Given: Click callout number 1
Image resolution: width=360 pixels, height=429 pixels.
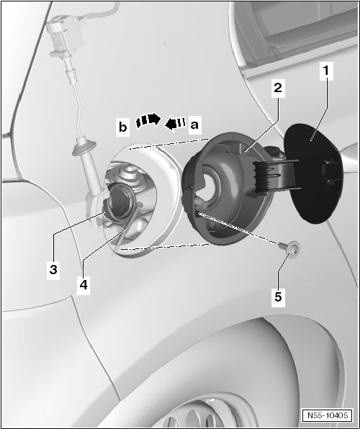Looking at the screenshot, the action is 326,71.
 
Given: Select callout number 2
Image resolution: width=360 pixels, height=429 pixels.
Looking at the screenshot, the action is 278,89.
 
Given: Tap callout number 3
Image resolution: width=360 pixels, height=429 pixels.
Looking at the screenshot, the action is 53,269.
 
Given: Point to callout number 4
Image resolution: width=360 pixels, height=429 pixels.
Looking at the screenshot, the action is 84,285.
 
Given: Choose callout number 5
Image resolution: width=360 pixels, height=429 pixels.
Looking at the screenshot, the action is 278,297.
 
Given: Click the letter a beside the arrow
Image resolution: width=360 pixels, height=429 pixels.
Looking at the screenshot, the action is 194,125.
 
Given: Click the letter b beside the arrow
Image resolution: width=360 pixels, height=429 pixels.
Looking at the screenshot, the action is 123,127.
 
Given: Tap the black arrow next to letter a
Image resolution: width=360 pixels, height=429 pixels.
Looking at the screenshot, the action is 175,123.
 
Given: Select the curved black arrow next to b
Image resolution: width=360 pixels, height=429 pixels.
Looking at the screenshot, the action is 148,120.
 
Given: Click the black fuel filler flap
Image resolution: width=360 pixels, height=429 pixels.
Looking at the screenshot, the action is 312,173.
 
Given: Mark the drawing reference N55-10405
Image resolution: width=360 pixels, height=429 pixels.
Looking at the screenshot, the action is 328,415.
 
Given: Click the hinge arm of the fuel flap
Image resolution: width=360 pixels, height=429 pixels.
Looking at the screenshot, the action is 276,175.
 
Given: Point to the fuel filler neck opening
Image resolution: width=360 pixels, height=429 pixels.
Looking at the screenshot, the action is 120,201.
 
